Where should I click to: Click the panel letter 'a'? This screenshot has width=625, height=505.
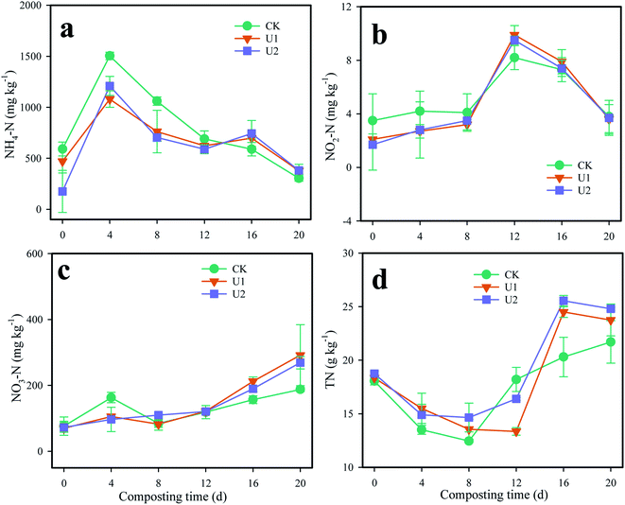67,27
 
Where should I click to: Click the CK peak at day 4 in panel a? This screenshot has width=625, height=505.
110,56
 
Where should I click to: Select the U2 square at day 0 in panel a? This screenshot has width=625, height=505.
62,191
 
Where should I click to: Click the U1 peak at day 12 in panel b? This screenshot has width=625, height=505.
514,37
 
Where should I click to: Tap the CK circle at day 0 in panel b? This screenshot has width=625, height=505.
373,120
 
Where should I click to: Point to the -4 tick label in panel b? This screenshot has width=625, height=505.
348,221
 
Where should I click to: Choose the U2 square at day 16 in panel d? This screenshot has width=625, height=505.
563,302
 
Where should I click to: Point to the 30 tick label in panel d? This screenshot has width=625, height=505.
347,253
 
